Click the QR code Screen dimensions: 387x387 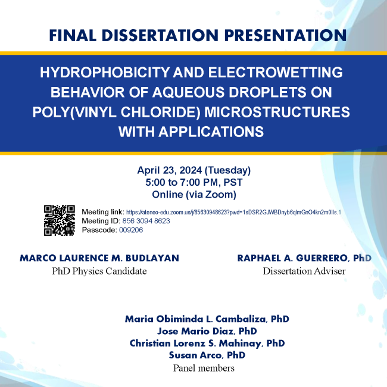click(x=59, y=220)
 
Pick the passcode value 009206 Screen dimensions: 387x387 click(x=131, y=230)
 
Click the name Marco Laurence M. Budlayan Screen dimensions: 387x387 click(x=99, y=258)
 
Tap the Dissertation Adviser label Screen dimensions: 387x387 click(x=304, y=271)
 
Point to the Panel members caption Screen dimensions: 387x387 click(x=204, y=368)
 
